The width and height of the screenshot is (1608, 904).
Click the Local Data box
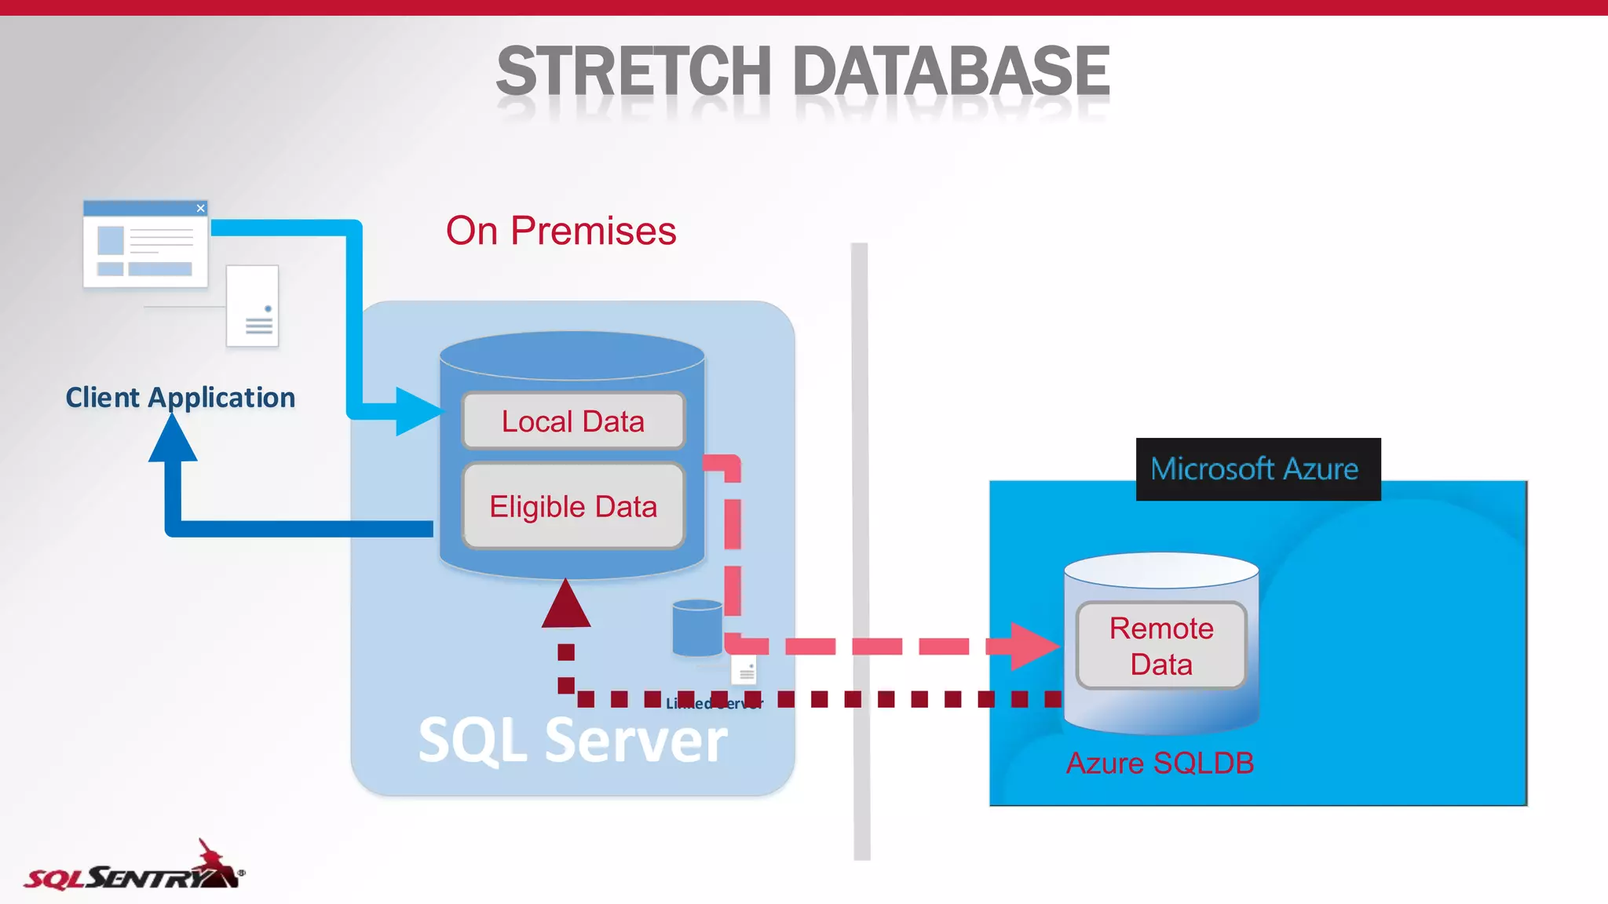(573, 421)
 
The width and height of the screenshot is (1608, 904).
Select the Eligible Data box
(573, 507)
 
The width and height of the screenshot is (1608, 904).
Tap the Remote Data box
(1161, 646)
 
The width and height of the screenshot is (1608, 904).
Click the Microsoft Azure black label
(1258, 469)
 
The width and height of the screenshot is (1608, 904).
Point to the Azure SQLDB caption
(1160, 764)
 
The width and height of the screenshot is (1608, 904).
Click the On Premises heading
(561, 231)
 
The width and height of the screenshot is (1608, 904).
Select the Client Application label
(181, 398)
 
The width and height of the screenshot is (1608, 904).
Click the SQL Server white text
(572, 740)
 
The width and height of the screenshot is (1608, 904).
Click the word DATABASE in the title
(951, 72)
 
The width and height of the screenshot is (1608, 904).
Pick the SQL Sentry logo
(133, 869)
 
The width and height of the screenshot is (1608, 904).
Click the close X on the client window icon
(201, 208)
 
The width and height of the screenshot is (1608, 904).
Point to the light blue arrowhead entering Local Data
(418, 411)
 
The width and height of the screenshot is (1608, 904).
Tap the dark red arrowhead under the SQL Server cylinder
(566, 605)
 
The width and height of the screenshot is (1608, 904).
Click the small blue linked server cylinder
(697, 627)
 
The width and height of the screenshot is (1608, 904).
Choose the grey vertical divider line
(861, 549)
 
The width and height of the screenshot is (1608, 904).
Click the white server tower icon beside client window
(253, 306)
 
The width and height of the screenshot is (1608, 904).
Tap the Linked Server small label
(714, 703)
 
